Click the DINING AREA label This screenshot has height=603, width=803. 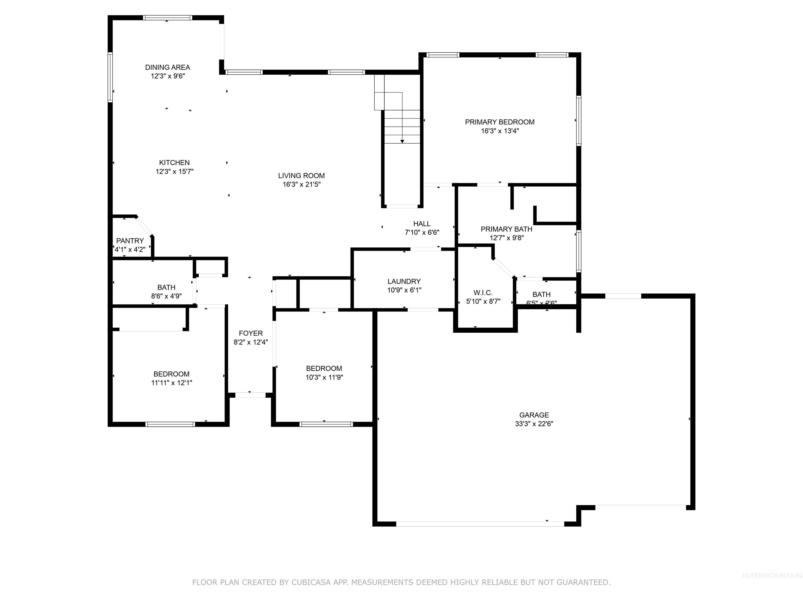167,67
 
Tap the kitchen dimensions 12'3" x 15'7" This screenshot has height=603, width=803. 174,172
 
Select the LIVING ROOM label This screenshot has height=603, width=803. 301,176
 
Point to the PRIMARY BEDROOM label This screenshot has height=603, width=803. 500,122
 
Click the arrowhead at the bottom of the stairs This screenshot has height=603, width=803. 402,141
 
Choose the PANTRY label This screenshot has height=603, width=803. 130,241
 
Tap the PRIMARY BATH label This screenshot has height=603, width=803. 506,229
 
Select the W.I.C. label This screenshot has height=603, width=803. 483,293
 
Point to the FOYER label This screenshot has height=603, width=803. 250,333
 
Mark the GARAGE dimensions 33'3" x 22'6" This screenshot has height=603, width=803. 534,424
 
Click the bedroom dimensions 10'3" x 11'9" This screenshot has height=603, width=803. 324,377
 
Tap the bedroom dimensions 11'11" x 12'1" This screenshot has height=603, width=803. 171,383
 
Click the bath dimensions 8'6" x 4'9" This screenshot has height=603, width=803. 166,296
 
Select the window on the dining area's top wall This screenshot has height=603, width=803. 167,18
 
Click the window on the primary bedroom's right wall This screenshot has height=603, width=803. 579,121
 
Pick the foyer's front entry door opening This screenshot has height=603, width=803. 250,395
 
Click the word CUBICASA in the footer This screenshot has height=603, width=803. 311,582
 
